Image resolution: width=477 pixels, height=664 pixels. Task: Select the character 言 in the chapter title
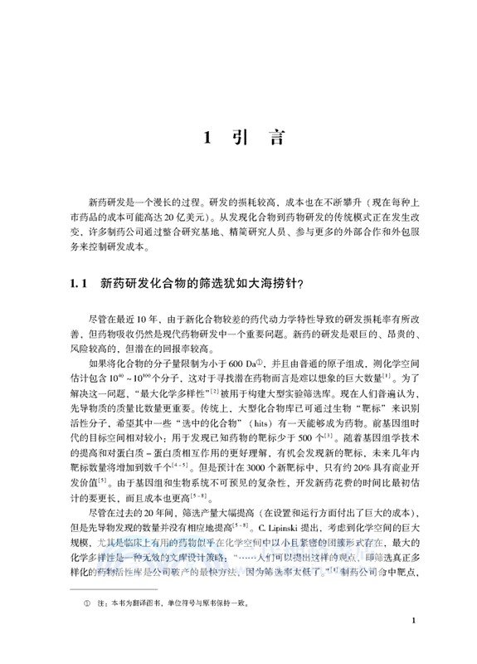pos(269,139)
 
